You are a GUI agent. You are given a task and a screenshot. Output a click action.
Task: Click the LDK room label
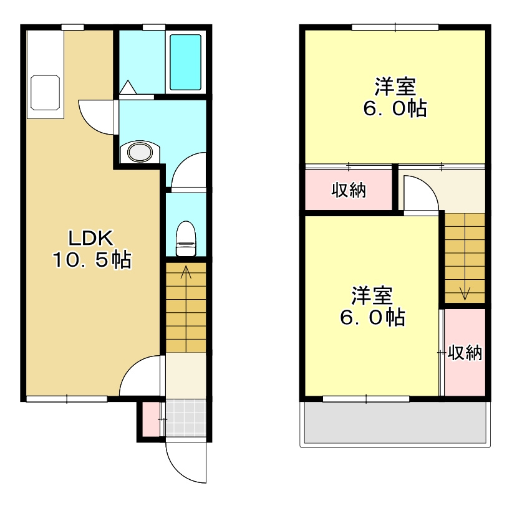click(x=91, y=238)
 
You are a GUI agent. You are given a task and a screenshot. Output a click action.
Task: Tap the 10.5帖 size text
click(x=92, y=260)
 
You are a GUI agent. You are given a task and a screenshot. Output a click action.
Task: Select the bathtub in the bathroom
click(x=185, y=62)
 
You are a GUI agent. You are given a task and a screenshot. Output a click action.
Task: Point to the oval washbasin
click(x=140, y=152)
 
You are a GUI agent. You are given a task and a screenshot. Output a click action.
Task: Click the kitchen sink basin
click(x=45, y=93)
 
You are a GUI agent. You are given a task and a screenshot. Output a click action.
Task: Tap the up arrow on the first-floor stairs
click(x=186, y=272)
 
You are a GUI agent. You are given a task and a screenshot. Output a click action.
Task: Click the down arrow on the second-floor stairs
click(x=465, y=293)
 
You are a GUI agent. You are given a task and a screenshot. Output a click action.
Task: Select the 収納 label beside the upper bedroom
click(x=349, y=190)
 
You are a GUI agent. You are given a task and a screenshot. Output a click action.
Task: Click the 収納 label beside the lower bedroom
click(x=465, y=352)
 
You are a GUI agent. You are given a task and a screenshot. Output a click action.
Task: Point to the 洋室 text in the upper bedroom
click(x=395, y=87)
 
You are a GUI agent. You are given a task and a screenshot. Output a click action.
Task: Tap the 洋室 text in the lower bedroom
click(x=372, y=295)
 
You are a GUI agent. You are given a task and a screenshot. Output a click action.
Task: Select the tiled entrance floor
click(x=186, y=418)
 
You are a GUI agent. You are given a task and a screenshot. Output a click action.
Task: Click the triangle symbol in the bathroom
click(x=128, y=87)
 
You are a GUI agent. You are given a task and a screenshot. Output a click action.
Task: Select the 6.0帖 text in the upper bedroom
click(x=395, y=108)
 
